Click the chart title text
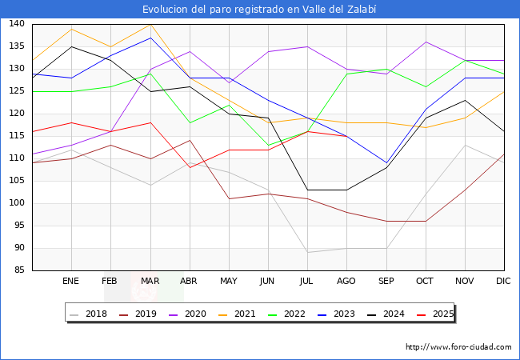(x=259, y=10)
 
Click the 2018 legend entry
(x=89, y=314)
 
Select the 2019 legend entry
(x=138, y=314)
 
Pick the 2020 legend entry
(x=186, y=314)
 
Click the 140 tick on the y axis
(x=16, y=24)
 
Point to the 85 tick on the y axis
(x=18, y=270)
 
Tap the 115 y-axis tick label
(x=16, y=136)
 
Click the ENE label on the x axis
(x=71, y=282)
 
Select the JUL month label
(x=307, y=282)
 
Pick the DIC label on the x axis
(x=503, y=282)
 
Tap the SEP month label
(x=386, y=282)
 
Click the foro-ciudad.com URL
(x=458, y=347)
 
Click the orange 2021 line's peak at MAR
(x=150, y=24)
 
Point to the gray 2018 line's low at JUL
(x=307, y=253)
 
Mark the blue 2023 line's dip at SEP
(x=386, y=163)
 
